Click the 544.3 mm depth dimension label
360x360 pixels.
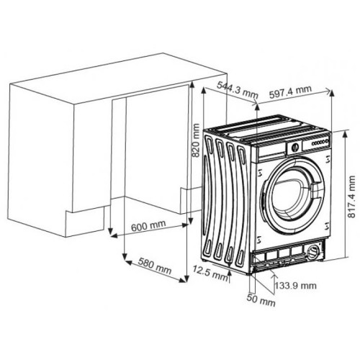pos(238,90)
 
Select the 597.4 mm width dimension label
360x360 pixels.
pos(290,91)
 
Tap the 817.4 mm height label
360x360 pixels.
pos(351,197)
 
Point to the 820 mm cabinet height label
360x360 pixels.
pos(196,140)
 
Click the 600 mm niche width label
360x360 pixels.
pos(148,225)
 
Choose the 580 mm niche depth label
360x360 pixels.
pos(156,266)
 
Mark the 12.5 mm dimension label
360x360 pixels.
pos(210,273)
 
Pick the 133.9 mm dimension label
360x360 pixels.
pos(295,286)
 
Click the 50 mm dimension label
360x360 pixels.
pos(261,300)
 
